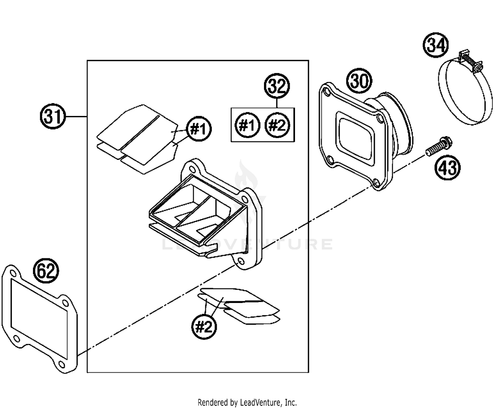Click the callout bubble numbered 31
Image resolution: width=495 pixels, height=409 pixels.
pos(53,117)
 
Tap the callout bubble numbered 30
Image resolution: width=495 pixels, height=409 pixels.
pos(359,81)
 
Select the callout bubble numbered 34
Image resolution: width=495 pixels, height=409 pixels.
pos(436,45)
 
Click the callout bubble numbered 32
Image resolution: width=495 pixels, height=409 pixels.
pos(277,86)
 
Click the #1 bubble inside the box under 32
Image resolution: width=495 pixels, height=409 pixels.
pos(247,125)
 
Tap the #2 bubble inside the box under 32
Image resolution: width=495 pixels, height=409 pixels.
pos(277,125)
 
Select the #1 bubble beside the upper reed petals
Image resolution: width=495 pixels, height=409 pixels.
pos(199,129)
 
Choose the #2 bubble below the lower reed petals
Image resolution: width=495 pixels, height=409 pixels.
pos(204,326)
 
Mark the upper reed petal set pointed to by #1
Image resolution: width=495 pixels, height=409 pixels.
pos(137,139)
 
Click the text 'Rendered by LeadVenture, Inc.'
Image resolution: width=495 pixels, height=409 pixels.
pos(247,402)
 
